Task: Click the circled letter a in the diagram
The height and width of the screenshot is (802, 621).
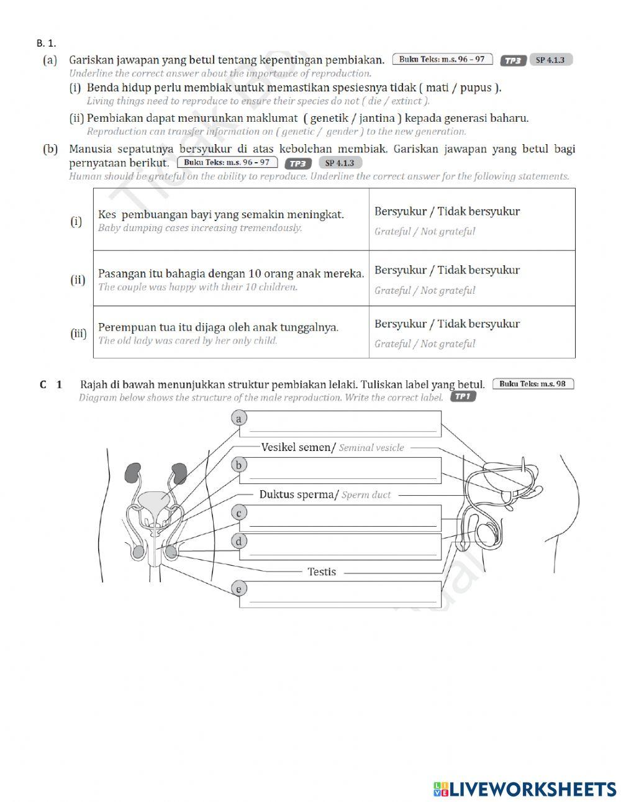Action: pyautogui.click(x=239, y=419)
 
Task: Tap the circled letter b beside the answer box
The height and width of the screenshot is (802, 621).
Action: pyautogui.click(x=239, y=465)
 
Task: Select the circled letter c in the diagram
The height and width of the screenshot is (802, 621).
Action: pyautogui.click(x=239, y=513)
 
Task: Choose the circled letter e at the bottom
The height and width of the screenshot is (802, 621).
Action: pyautogui.click(x=239, y=589)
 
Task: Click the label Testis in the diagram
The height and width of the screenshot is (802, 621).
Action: pyautogui.click(x=322, y=572)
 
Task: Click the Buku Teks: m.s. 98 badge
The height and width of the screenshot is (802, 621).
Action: pyautogui.click(x=533, y=384)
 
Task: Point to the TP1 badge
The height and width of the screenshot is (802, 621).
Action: pyautogui.click(x=463, y=397)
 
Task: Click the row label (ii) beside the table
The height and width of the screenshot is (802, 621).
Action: pyautogui.click(x=78, y=280)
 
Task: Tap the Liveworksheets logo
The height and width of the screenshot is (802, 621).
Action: pyautogui.click(x=525, y=789)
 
